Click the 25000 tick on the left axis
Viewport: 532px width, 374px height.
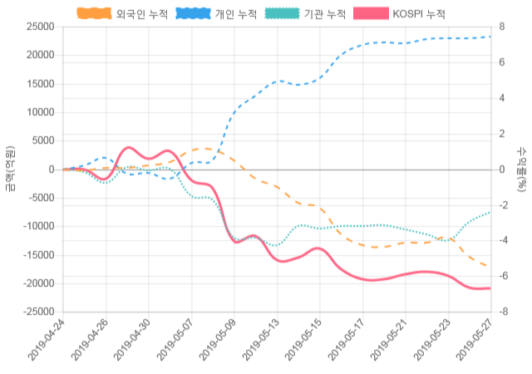[41, 27]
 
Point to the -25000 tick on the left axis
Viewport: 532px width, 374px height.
[39, 312]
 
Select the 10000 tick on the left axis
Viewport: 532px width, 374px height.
[41, 112]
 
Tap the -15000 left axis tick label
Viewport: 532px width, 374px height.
[39, 255]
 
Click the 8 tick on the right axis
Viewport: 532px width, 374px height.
[500, 27]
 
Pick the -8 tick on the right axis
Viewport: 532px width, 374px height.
[502, 312]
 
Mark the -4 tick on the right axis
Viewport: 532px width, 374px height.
[502, 241]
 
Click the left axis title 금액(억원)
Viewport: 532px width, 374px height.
[10, 170]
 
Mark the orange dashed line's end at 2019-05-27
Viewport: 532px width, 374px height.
[489, 267]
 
